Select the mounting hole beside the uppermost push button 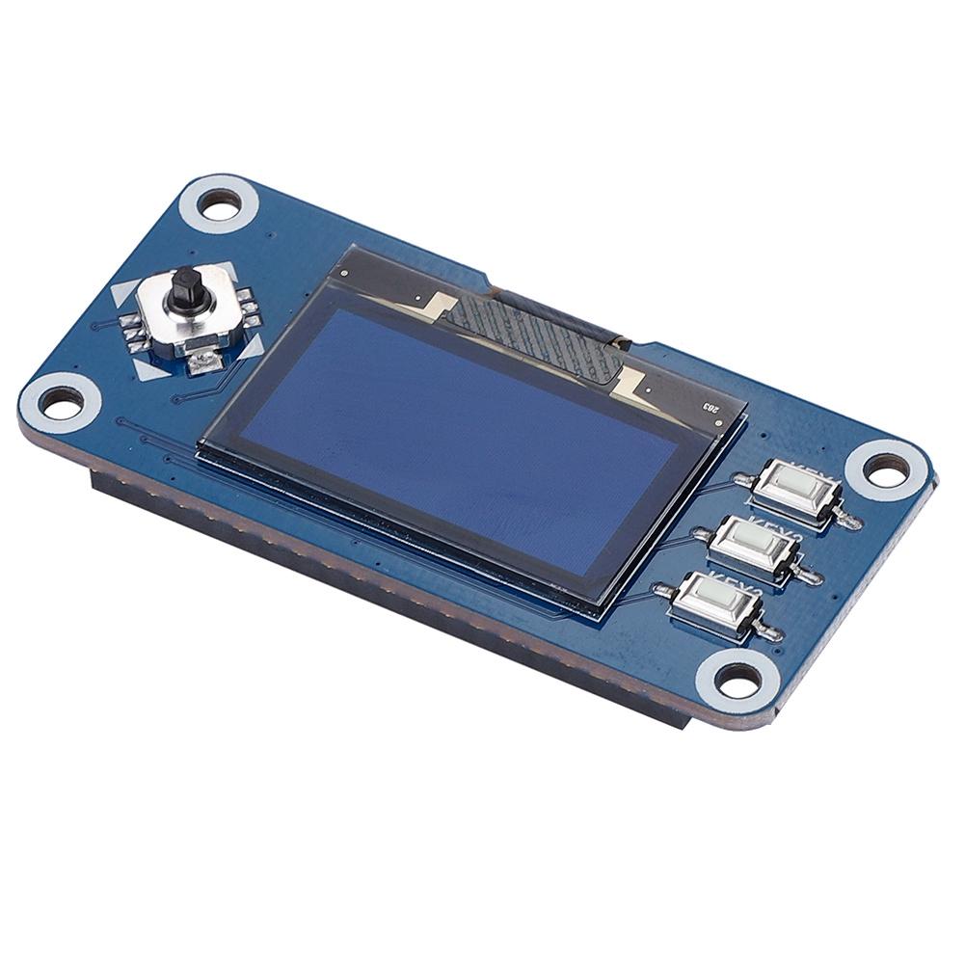[883, 469]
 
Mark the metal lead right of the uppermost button [849, 522]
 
